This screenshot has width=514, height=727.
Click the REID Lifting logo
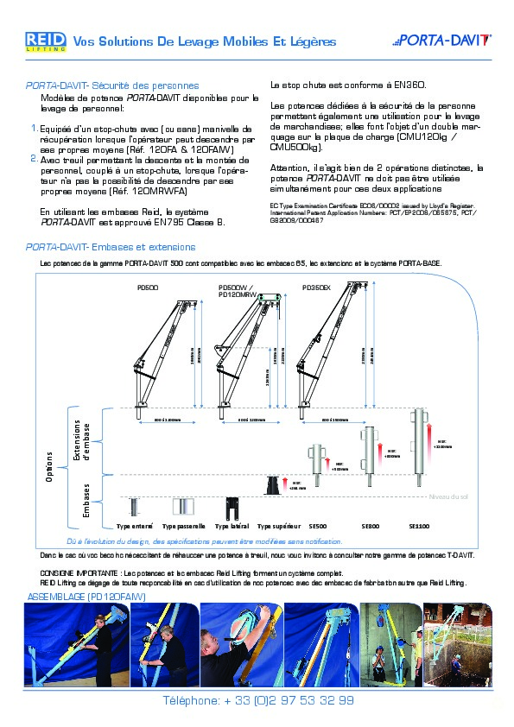click(45, 41)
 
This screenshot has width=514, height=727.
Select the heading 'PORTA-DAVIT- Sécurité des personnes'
click(112, 86)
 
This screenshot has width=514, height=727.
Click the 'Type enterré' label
click(134, 525)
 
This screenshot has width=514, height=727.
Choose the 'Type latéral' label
click(232, 525)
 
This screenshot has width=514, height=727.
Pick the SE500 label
click(318, 525)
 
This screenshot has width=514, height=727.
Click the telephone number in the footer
click(258, 700)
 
